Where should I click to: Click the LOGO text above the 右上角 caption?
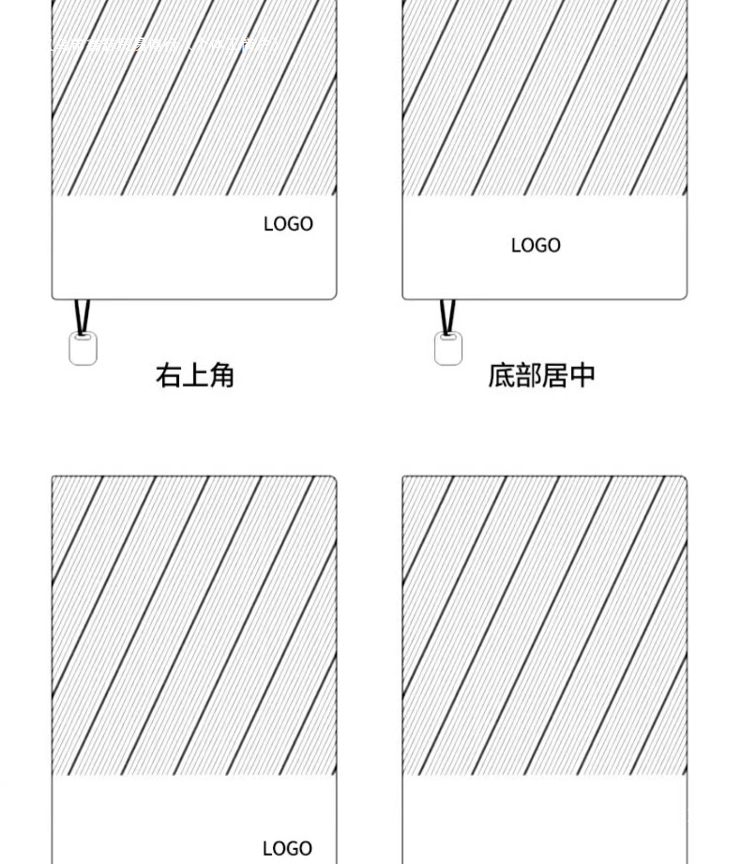(x=288, y=224)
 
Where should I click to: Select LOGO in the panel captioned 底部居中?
(x=536, y=246)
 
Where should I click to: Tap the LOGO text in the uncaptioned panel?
(x=287, y=848)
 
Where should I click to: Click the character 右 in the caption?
(x=169, y=376)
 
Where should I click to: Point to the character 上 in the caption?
(x=195, y=376)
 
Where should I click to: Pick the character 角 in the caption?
(x=221, y=376)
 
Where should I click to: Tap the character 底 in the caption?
(x=501, y=375)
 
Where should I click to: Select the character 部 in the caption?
(x=528, y=375)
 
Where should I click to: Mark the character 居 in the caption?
(x=555, y=375)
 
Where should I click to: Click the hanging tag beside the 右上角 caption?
(x=83, y=349)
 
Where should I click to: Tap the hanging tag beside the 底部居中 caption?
(x=448, y=349)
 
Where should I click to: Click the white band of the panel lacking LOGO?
(x=544, y=821)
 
